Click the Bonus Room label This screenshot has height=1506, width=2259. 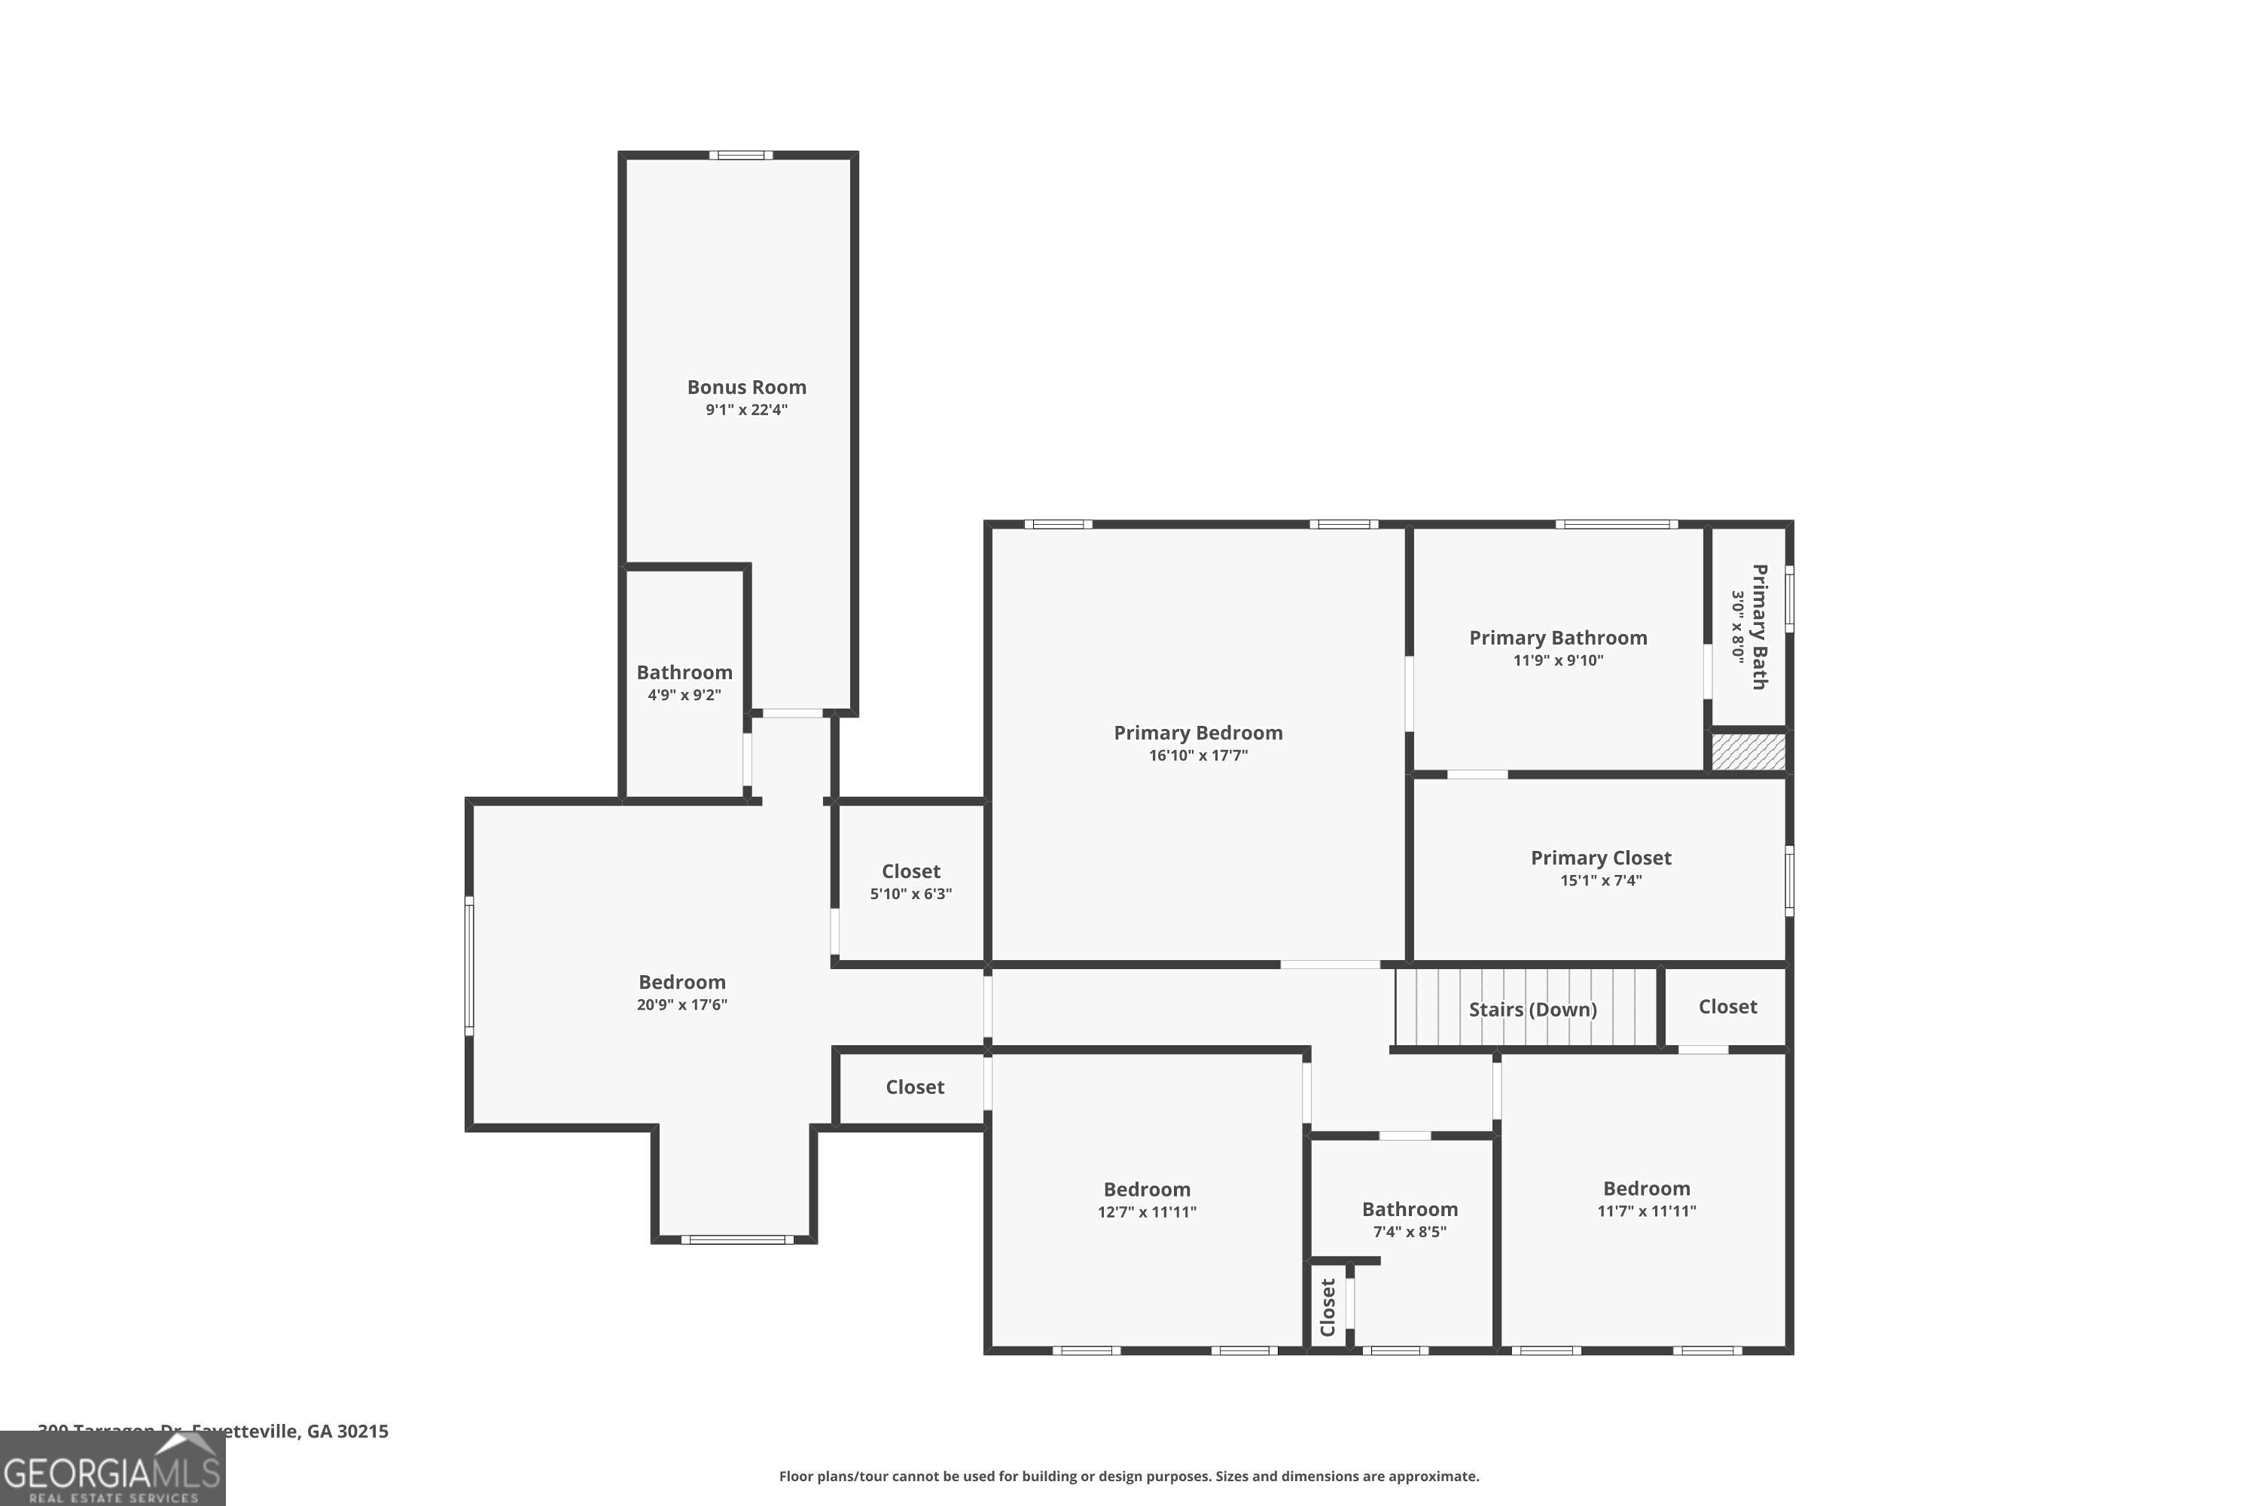point(746,387)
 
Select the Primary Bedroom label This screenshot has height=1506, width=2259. point(1198,733)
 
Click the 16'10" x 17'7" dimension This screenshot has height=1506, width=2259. point(1198,756)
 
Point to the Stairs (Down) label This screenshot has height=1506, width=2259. point(1532,1010)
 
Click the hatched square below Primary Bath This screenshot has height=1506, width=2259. point(1748,751)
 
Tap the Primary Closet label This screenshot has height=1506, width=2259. point(1600,858)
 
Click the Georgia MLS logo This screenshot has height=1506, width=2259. point(112,1468)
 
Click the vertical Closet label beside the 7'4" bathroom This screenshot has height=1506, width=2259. point(1328,1307)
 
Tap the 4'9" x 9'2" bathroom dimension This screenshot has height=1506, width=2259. point(684,695)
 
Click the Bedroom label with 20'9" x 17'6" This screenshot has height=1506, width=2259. point(682,983)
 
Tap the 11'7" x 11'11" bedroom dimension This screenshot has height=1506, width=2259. point(1646,1211)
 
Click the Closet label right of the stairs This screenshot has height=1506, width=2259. point(1727,1007)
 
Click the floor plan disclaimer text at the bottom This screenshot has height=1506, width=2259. point(1129,1476)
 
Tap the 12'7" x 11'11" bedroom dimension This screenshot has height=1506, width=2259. point(1147,1212)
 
